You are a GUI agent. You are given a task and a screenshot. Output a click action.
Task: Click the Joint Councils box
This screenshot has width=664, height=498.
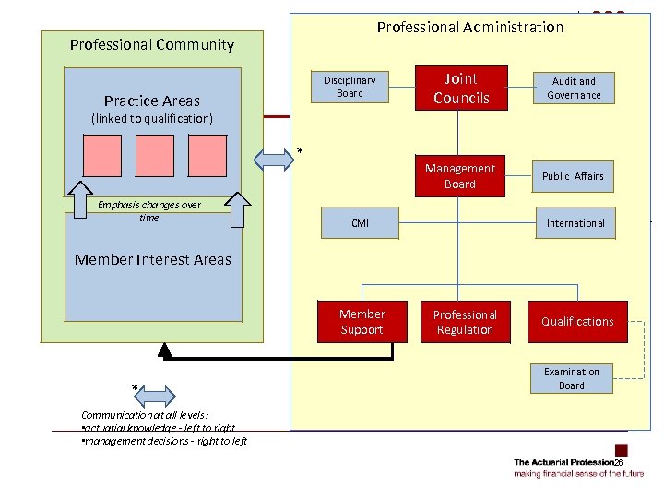tap(461, 88)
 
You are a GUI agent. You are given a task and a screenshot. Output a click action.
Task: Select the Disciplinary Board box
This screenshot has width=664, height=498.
tap(350, 87)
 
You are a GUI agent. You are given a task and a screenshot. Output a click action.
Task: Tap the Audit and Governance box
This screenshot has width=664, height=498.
tap(575, 89)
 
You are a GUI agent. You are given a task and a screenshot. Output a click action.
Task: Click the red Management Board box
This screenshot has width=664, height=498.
tap(460, 176)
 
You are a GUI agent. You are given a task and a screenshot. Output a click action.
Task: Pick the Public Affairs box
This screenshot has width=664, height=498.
tap(573, 176)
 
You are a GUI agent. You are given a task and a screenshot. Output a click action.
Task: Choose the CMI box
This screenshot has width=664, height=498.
tap(360, 223)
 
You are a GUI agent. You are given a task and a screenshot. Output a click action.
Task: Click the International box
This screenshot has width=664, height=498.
tap(575, 223)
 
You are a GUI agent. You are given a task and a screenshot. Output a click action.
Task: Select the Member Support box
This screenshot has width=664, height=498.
tap(362, 322)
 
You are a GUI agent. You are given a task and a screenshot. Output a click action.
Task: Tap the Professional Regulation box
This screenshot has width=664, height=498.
tap(465, 322)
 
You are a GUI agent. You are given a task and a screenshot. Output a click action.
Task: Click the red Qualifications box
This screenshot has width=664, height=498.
tap(577, 322)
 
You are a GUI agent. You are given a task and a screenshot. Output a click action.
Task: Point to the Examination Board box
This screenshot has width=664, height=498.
tap(572, 379)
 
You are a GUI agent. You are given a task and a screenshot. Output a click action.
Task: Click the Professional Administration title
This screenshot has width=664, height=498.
tap(469, 28)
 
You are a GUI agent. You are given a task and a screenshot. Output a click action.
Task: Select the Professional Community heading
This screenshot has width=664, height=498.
tap(152, 44)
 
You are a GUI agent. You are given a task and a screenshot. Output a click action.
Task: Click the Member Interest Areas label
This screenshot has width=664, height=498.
tap(153, 259)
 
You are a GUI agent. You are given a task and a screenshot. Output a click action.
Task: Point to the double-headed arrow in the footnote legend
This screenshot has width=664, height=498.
tap(154, 396)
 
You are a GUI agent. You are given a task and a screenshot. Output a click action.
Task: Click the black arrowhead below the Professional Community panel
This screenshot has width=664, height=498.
tap(165, 350)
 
